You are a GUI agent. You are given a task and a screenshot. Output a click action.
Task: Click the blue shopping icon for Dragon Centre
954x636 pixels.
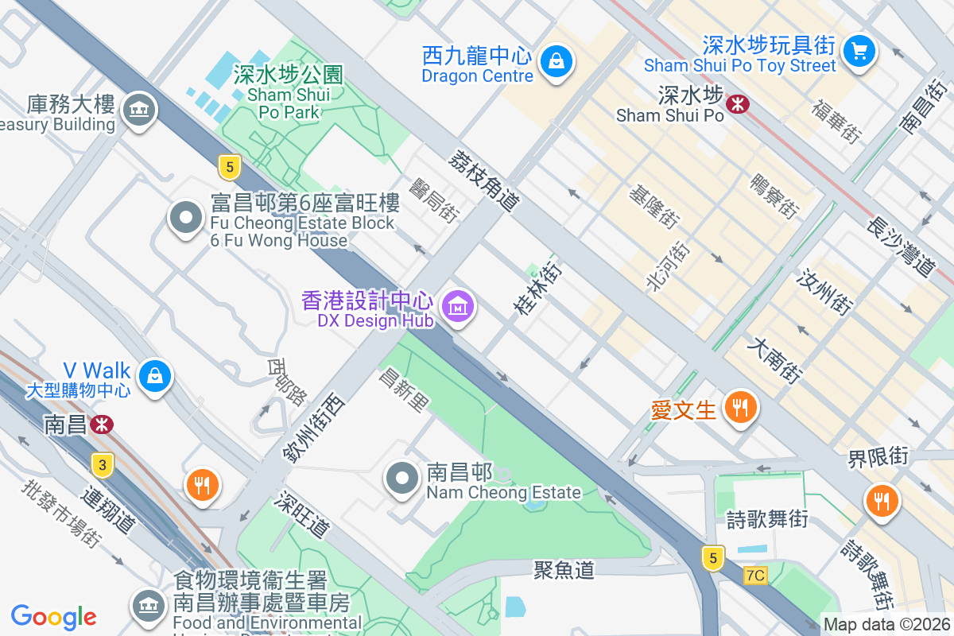(556, 60)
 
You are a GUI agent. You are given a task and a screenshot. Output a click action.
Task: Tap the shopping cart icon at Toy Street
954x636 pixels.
(859, 51)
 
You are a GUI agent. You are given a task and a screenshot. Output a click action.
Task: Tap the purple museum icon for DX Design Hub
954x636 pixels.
(458, 305)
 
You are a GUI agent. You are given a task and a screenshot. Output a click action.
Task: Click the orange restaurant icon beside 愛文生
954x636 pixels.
(741, 408)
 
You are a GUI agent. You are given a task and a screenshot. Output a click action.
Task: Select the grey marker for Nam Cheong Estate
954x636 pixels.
(402, 479)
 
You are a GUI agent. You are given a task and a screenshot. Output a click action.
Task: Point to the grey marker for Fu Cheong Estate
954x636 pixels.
(186, 217)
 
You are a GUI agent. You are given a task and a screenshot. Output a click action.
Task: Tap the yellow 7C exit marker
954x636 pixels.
(755, 575)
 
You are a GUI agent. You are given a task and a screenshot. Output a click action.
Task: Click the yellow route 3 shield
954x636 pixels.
(101, 463)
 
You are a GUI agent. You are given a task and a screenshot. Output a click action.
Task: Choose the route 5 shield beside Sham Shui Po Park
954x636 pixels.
(229, 166)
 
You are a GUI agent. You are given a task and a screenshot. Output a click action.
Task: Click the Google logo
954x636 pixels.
(53, 616)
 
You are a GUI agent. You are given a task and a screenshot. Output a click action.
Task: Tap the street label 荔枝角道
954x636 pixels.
(483, 181)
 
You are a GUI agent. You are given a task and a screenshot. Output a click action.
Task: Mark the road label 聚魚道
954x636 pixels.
(564, 569)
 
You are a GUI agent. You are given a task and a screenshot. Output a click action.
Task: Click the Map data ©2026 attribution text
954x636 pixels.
(886, 625)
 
